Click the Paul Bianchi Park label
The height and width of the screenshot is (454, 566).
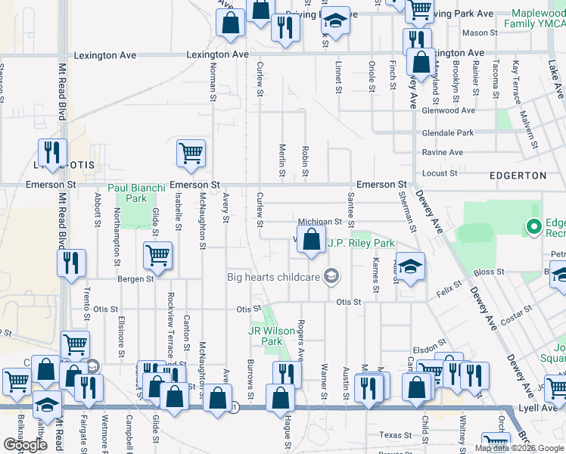pos(126,193)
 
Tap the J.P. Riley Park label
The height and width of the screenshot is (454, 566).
pos(361,244)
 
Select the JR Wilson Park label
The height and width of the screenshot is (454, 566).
pos(266,336)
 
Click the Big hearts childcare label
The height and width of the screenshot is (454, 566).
pos(274,277)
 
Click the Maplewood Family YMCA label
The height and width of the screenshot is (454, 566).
pos(539,19)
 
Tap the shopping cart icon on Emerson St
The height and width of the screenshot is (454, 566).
pos(191,153)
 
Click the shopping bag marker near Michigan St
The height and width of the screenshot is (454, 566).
pos(310,241)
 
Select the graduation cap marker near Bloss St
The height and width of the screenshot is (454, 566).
pos(409,267)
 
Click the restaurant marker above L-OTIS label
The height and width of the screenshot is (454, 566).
pos(52,153)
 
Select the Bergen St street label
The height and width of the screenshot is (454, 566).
pos(135,278)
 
